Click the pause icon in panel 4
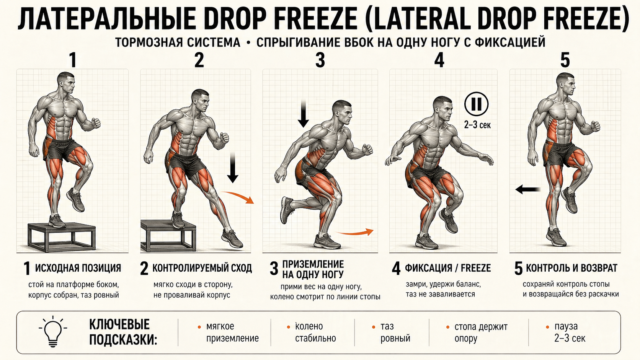(x=476, y=104)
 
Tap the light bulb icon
(x=53, y=331)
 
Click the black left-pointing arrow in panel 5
(x=528, y=189)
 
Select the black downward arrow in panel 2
(x=233, y=168)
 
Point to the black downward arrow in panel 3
(x=303, y=114)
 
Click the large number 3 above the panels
(x=320, y=60)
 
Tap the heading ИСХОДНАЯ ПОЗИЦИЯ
(x=78, y=268)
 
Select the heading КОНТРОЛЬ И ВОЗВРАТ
(x=571, y=268)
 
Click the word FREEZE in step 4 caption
(x=476, y=268)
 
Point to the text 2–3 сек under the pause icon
(x=477, y=125)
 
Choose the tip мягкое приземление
(x=232, y=332)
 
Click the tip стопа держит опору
(x=481, y=332)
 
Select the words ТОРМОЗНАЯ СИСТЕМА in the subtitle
(x=178, y=42)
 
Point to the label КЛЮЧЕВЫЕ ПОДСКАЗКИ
(x=123, y=332)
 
